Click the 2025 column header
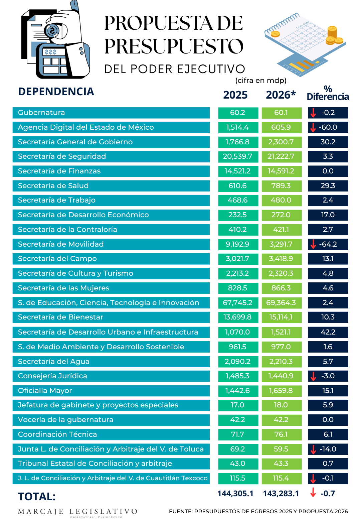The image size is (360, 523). (235, 95)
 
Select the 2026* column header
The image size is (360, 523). (281, 95)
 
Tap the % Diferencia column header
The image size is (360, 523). (328, 93)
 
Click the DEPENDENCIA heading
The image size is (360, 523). (56, 92)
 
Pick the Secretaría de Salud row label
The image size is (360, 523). (53, 186)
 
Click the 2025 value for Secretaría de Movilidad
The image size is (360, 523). (238, 244)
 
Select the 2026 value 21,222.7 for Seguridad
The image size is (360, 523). (281, 156)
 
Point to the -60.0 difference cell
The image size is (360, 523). (328, 127)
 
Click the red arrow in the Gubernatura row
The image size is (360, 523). (313, 113)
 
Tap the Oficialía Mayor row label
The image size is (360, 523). (45, 391)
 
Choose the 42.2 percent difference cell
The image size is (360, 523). (328, 332)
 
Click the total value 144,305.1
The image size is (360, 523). (235, 494)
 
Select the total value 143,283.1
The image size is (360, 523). (281, 494)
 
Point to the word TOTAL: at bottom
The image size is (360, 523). (37, 497)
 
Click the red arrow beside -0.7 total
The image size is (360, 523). (313, 493)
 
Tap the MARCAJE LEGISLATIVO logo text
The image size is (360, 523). (77, 512)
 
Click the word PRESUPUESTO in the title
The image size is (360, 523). (174, 46)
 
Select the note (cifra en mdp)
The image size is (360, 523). (261, 81)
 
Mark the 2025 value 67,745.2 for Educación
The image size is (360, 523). (238, 303)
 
